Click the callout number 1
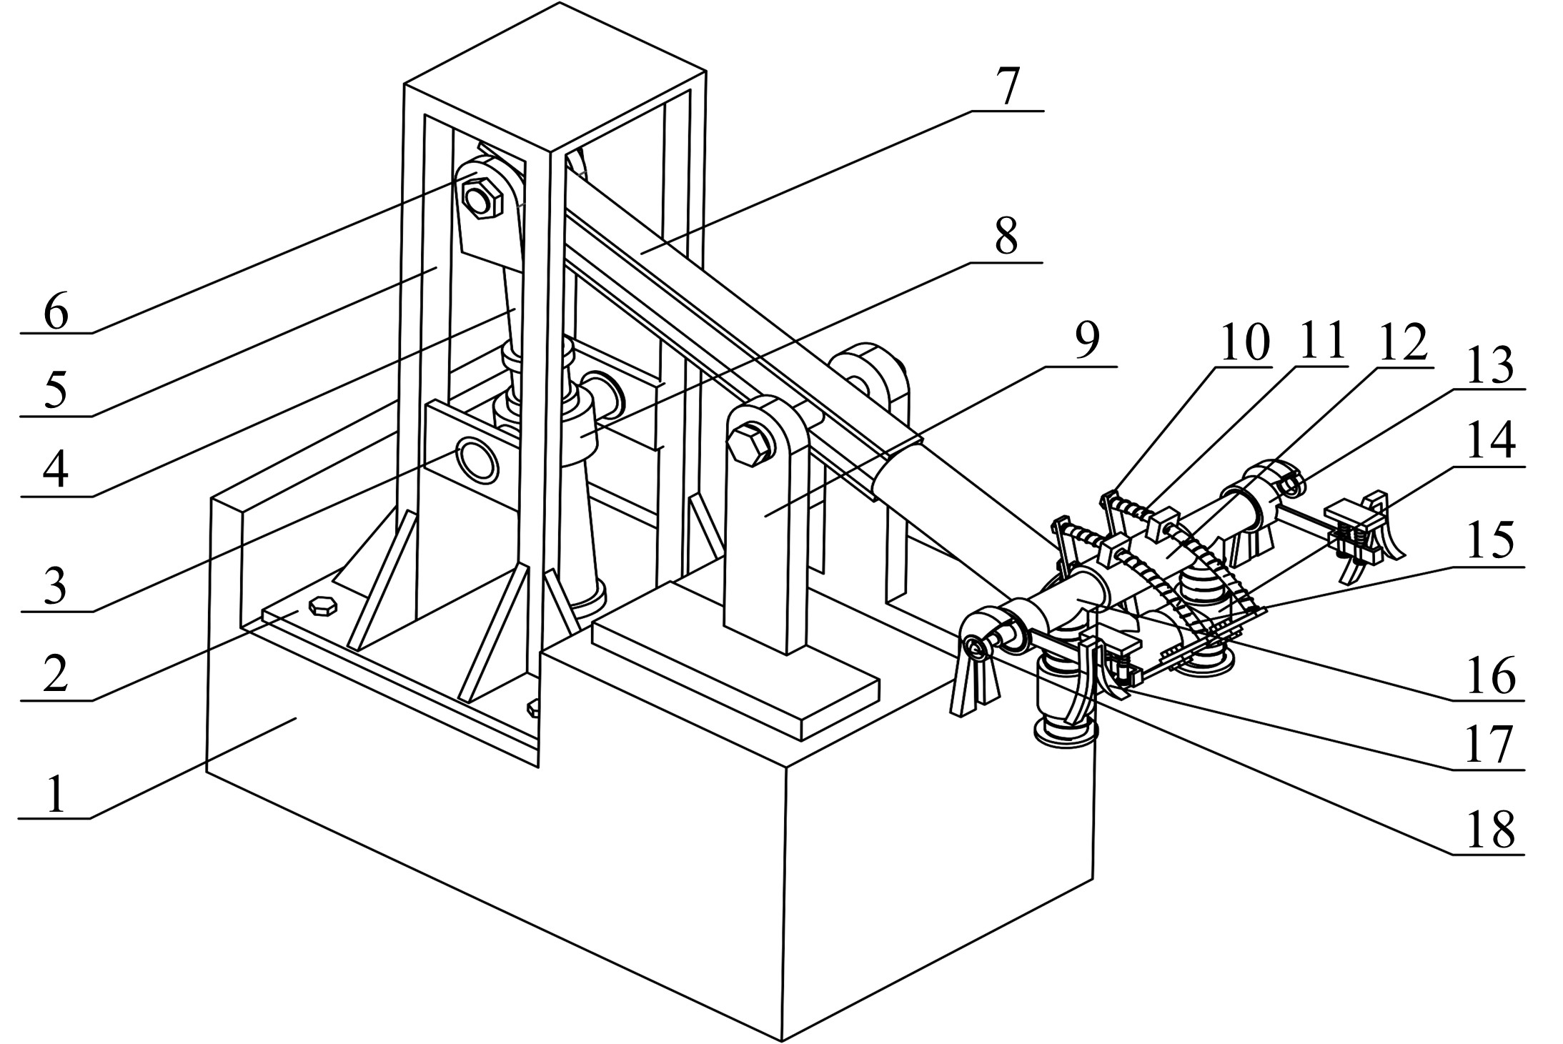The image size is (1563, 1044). (x=56, y=792)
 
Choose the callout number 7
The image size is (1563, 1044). (x=1008, y=86)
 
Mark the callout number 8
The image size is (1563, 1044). (x=1007, y=236)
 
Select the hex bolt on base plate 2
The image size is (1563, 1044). (x=322, y=605)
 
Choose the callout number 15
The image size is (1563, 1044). (x=1489, y=542)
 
